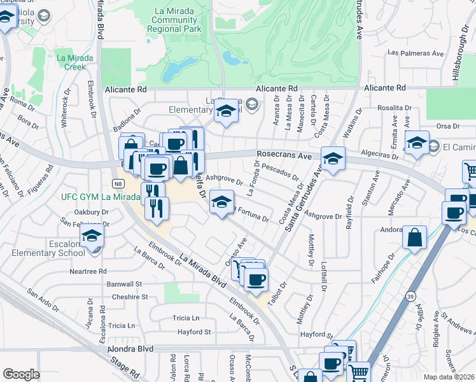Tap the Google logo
pos(21,374)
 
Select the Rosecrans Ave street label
pos(284,155)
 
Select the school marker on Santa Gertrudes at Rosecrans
pos(333,159)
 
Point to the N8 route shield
pos(118,184)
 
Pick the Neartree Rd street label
pos(88,271)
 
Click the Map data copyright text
pos(448,377)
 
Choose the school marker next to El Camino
pos(417,143)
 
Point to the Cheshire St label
pos(127,297)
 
